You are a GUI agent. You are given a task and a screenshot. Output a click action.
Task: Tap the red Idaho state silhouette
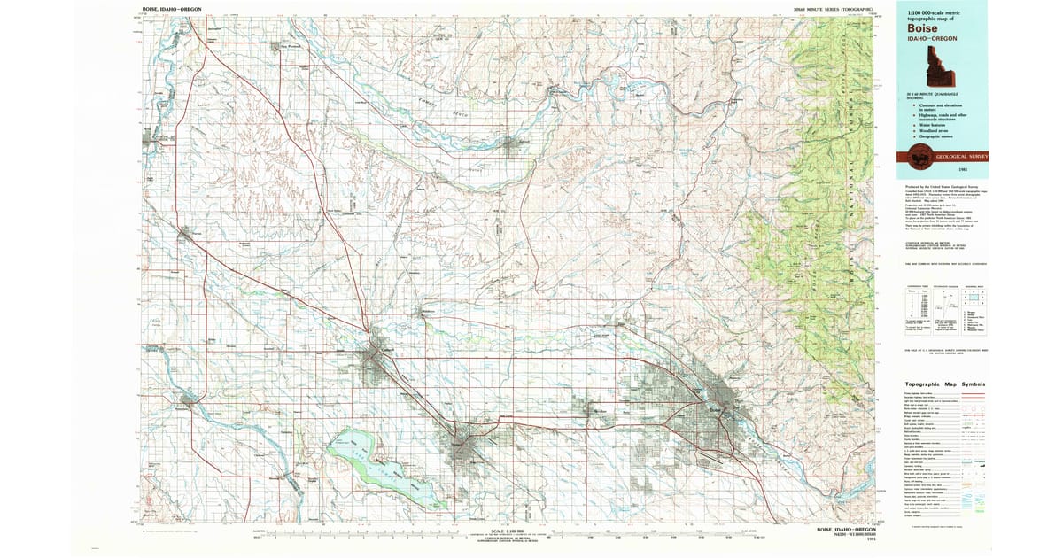coord(933,66)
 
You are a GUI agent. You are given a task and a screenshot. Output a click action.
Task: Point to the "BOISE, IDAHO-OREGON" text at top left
coord(172,9)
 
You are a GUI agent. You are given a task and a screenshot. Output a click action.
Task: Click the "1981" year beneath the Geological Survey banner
coord(974,168)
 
